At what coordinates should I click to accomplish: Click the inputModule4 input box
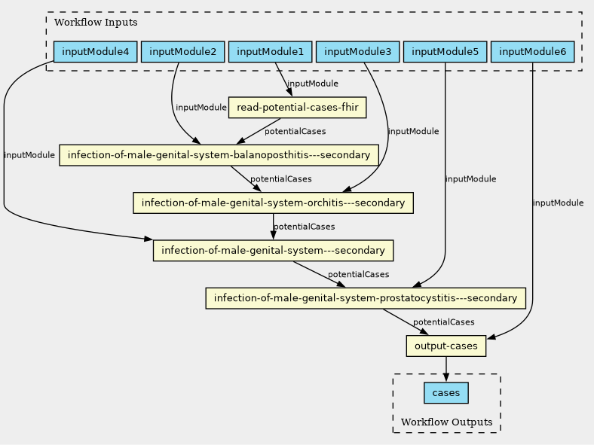(x=96, y=52)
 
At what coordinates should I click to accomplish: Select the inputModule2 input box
(x=182, y=52)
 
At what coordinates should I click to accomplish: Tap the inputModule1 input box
(x=270, y=52)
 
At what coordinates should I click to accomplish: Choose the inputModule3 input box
(x=357, y=52)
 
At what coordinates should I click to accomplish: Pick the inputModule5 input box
(x=445, y=52)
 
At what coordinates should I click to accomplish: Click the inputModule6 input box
(x=532, y=52)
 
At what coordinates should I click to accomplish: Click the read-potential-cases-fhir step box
(x=297, y=108)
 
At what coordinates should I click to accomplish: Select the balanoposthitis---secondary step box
(x=219, y=155)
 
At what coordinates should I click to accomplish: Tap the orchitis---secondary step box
(x=273, y=203)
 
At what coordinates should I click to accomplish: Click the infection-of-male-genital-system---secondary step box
(x=273, y=250)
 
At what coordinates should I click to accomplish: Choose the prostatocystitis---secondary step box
(x=366, y=298)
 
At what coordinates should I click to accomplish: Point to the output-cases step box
(x=446, y=346)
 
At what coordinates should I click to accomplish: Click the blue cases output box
(x=446, y=393)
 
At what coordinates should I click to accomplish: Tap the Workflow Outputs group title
(x=447, y=422)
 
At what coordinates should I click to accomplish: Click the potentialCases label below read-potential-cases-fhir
(x=295, y=132)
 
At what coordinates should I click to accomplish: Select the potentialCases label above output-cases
(x=443, y=322)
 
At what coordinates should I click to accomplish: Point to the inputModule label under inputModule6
(x=558, y=203)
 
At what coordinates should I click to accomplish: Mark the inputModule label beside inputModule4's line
(x=29, y=156)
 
